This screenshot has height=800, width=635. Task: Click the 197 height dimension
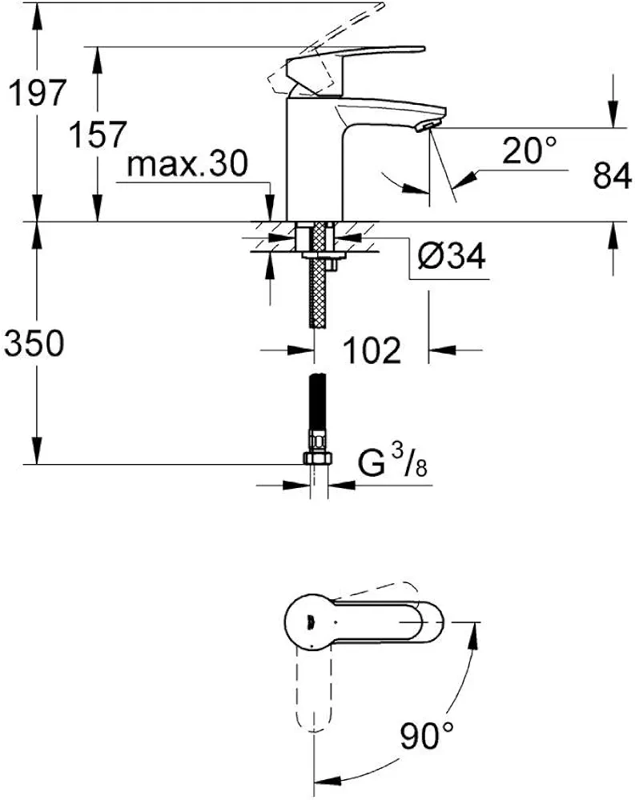click(38, 92)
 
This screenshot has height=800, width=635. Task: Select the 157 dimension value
click(97, 134)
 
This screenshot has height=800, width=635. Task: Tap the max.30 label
click(187, 164)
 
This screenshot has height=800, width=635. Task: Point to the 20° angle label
click(528, 150)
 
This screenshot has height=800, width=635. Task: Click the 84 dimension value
click(612, 176)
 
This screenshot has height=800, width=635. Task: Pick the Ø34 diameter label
click(451, 255)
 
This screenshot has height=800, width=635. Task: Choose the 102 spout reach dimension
click(372, 350)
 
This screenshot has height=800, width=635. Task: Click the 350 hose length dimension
click(34, 342)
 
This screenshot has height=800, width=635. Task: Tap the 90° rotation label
click(426, 735)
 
